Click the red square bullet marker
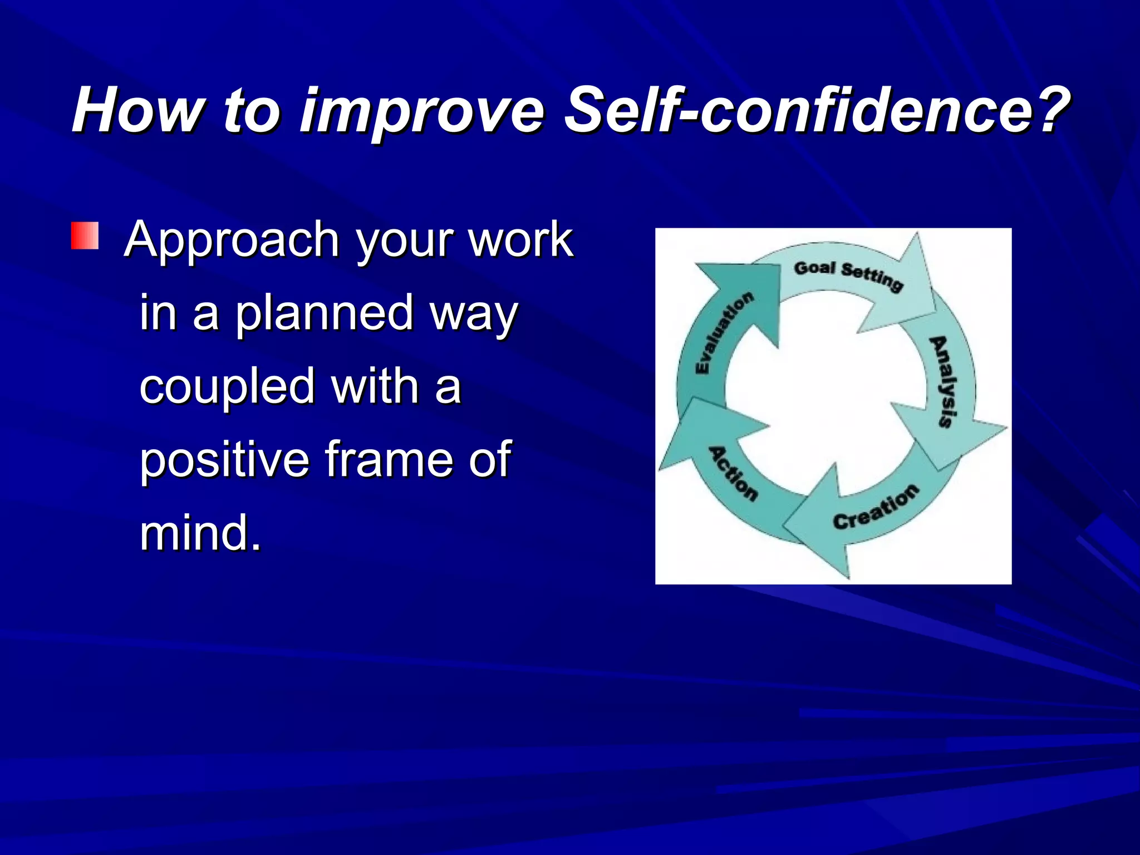pos(85,236)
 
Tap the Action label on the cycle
pos(733,473)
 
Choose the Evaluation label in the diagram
pos(724,333)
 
